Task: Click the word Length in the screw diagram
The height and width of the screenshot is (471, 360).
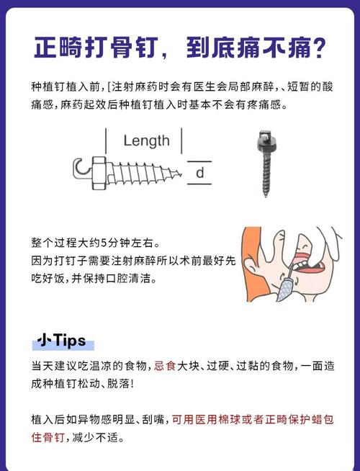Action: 146,140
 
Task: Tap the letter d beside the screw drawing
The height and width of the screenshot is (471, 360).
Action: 200,173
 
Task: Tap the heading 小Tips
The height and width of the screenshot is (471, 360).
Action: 61,340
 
